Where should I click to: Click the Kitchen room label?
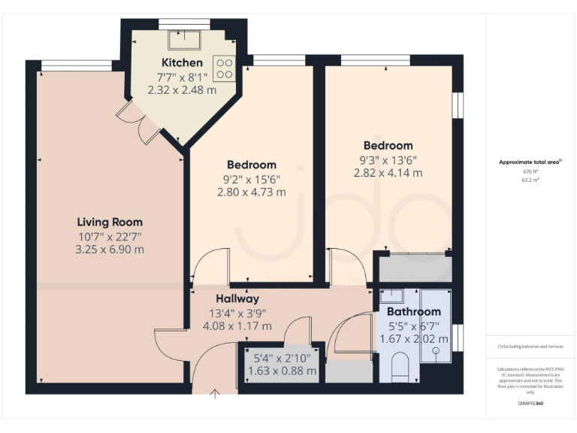tap(181, 62)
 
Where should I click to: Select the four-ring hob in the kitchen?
tap(224, 69)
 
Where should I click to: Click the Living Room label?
tap(110, 222)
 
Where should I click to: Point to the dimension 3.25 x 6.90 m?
tap(110, 249)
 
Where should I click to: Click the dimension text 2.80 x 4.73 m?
tap(251, 192)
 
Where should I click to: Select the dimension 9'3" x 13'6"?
tap(388, 159)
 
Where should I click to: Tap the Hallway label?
tap(238, 298)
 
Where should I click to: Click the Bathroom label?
tap(413, 311)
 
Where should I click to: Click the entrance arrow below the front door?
tap(216, 392)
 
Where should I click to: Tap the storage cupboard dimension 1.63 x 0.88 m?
tap(282, 371)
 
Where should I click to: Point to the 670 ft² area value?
tap(530, 171)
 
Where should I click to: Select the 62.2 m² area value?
tap(530, 180)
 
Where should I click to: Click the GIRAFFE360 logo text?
tap(530, 404)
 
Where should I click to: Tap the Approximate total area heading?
tap(530, 162)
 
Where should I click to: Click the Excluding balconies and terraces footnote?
tap(530, 346)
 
